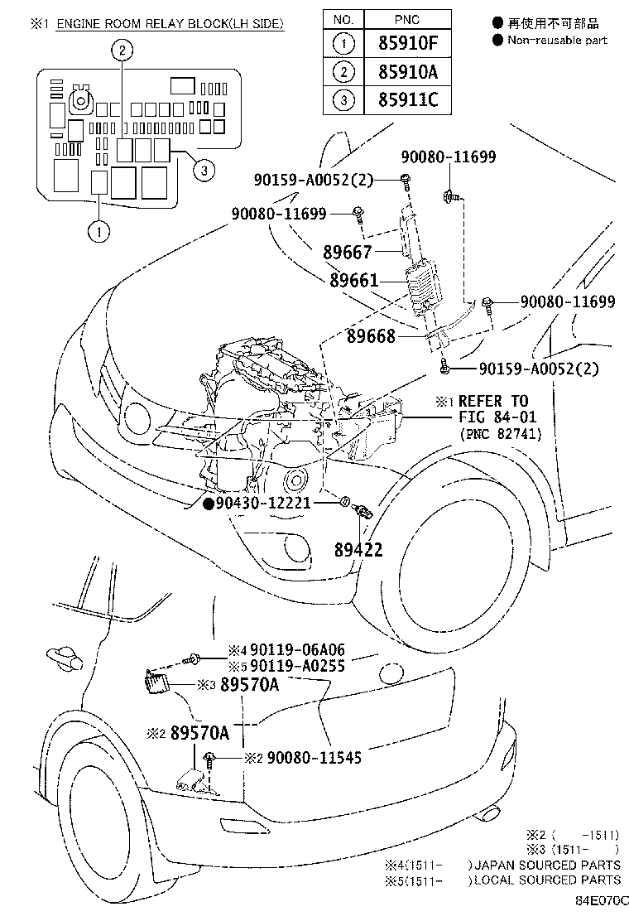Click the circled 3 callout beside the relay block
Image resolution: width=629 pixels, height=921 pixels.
(204, 171)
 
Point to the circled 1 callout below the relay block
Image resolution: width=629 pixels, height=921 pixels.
(98, 231)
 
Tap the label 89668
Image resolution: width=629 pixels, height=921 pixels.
(371, 336)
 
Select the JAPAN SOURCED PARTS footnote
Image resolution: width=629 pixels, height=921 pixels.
(546, 865)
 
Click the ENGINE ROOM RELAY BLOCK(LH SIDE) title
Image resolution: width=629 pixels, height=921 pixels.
(170, 24)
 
